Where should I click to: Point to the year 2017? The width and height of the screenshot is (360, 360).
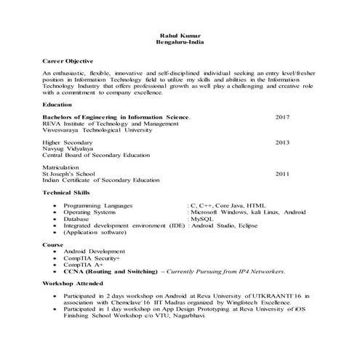pyautogui.click(x=282, y=116)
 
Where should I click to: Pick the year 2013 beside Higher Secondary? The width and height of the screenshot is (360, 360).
pyautogui.click(x=282, y=143)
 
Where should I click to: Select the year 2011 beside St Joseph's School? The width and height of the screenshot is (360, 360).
pyautogui.click(x=282, y=175)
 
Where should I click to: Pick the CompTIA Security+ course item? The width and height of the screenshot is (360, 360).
pyautogui.click(x=92, y=257)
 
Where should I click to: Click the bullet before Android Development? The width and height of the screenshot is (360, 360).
pyautogui.click(x=55, y=251)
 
